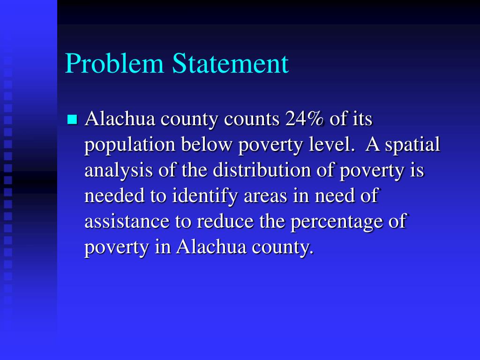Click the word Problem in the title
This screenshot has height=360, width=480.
tap(114, 64)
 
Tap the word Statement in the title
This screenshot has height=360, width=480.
tap(230, 64)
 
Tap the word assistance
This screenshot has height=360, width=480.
tap(127, 221)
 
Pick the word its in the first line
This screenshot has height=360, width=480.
tap(362, 120)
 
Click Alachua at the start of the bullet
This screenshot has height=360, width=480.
tap(120, 120)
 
